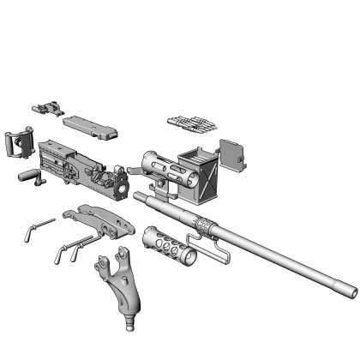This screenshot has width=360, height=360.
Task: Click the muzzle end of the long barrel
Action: [350, 293]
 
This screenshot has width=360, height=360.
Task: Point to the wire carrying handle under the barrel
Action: [208, 252]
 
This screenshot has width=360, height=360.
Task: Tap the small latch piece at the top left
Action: [49, 109]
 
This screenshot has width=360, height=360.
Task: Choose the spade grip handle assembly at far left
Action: [18, 141]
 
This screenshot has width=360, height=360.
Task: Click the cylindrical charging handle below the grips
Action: [30, 176]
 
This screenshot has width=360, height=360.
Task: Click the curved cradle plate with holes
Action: [103, 222]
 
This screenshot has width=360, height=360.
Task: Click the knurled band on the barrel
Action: [205, 225]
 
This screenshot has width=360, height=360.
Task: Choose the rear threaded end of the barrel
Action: [140, 199]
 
